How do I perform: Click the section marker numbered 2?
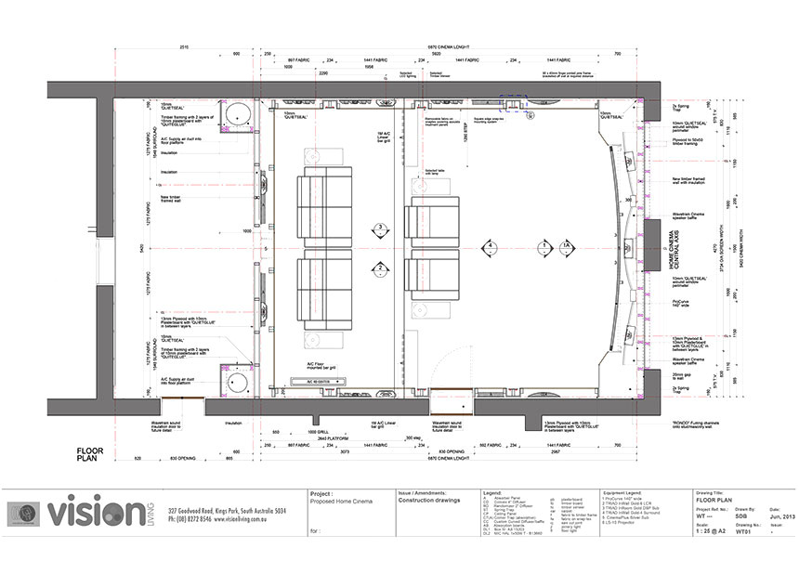[x=379, y=269]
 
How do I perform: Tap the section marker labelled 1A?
[x=567, y=247]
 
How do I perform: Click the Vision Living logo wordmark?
[x=101, y=514]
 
